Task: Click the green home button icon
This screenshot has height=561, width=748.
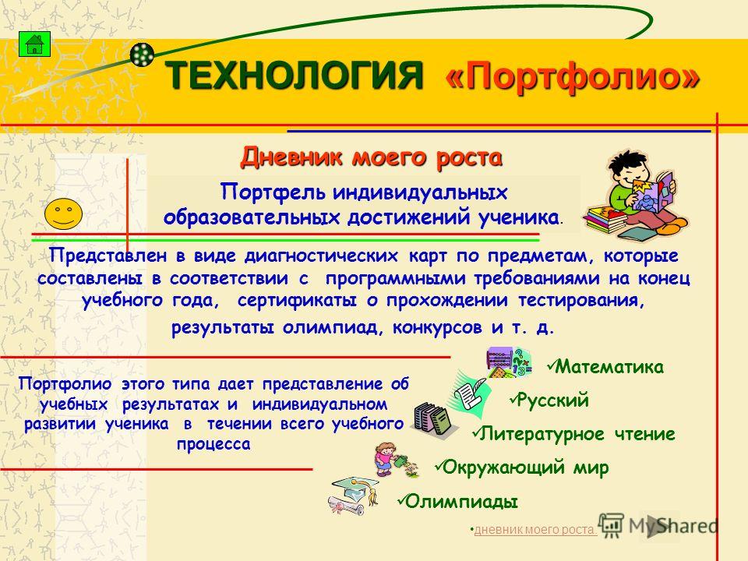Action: click(x=34, y=44)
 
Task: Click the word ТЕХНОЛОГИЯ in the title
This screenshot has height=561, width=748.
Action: click(x=295, y=75)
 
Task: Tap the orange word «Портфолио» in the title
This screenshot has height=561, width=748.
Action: click(x=573, y=76)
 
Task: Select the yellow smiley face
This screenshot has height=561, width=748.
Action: click(x=63, y=213)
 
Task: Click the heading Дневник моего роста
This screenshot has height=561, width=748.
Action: click(x=371, y=157)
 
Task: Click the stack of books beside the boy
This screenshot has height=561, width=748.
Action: click(x=605, y=220)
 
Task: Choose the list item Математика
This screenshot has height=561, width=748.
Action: click(x=606, y=366)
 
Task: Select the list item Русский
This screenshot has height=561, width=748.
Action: click(x=549, y=400)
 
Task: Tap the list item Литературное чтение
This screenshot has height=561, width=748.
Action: click(x=574, y=434)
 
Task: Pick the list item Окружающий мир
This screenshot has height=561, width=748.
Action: click(x=522, y=467)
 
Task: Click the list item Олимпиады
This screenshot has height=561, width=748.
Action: click(x=458, y=501)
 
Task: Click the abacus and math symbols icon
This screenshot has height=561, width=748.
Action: click(x=509, y=362)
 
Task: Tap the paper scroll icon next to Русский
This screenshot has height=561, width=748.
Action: click(x=469, y=392)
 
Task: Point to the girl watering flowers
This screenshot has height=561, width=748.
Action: click(x=396, y=460)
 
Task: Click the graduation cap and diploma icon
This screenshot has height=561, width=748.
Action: click(x=354, y=496)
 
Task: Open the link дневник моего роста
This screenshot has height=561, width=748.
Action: click(x=535, y=530)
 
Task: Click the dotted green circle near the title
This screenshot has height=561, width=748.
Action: click(x=142, y=55)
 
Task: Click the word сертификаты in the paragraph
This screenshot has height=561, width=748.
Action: click(x=297, y=301)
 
